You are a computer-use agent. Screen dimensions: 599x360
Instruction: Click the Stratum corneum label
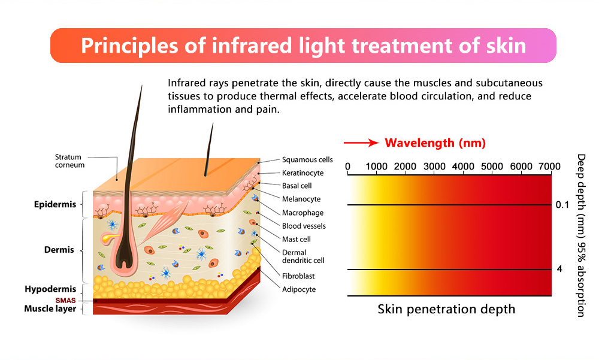coord(69,161)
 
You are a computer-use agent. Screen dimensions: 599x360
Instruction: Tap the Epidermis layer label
coord(55,204)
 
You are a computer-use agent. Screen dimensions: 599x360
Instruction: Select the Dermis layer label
coord(59,250)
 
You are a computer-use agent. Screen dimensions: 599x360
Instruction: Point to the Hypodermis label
coord(50,289)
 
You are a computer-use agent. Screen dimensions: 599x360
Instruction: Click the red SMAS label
coord(65,301)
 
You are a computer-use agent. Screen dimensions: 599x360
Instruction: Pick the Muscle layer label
coord(50,309)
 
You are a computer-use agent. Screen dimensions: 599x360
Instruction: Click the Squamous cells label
coord(307,160)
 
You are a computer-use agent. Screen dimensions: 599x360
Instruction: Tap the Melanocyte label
coord(301,199)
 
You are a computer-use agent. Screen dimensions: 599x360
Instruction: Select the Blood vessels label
coord(304,226)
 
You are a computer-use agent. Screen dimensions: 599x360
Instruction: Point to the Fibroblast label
coord(298,276)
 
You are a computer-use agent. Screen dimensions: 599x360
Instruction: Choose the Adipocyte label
coord(299,289)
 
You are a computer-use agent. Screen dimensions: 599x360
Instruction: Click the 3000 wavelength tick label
coord(434,167)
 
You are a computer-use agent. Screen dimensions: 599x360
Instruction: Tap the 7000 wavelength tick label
coord(549,167)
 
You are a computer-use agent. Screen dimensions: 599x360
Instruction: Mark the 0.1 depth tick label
coord(562,205)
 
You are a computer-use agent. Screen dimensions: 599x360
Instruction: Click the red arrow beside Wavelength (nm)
coord(361,143)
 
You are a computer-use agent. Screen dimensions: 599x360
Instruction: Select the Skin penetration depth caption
coord(446,309)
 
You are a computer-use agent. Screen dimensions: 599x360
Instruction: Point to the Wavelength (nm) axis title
coord(435,143)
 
